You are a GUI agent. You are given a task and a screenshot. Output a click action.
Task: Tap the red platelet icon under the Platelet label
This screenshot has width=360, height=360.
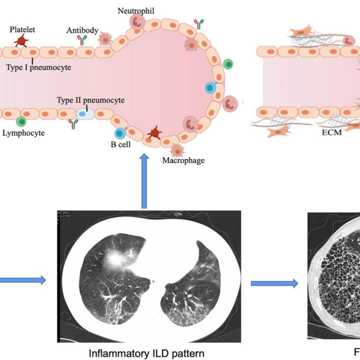(x=21, y=40)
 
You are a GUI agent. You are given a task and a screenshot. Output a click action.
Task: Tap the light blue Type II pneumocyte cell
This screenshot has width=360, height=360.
(x=84, y=113)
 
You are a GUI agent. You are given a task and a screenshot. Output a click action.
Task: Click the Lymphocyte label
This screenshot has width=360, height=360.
(x=23, y=133)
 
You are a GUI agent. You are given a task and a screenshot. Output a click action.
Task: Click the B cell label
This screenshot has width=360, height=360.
(x=119, y=145)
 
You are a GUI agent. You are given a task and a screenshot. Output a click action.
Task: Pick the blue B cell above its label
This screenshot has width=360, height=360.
(x=119, y=133)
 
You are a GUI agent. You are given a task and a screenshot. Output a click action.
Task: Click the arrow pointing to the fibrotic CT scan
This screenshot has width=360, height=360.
(x=274, y=284)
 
